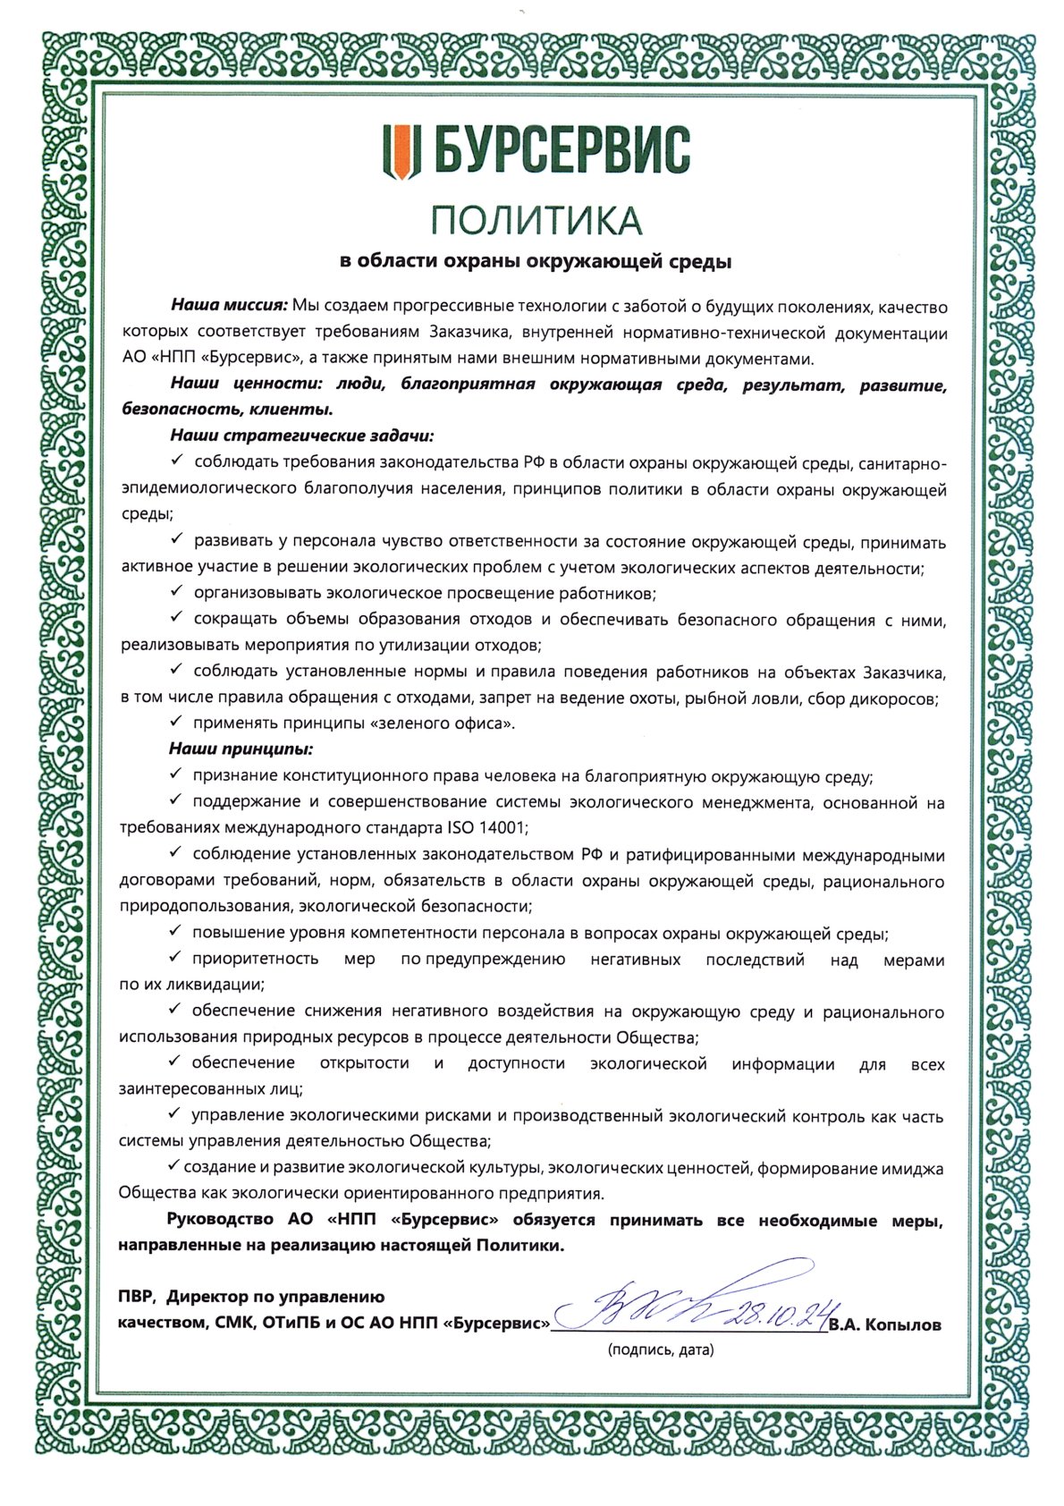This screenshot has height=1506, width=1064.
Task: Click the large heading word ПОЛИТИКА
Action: [x=536, y=219]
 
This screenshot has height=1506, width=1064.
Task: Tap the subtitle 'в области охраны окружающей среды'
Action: [x=536, y=261]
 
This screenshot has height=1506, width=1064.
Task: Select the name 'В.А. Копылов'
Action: [x=885, y=1325]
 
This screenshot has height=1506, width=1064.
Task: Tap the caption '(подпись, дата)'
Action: [x=661, y=1349]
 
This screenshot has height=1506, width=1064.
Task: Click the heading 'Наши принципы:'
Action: [x=241, y=749]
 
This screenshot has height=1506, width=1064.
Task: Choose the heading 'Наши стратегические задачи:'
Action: [x=302, y=436]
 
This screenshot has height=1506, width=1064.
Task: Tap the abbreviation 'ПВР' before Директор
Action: [x=136, y=1297]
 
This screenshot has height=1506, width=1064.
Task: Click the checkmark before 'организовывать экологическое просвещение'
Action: [x=176, y=592]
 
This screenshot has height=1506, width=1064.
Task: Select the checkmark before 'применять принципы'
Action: [x=176, y=722]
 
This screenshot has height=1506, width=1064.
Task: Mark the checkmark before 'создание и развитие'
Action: [x=174, y=1166]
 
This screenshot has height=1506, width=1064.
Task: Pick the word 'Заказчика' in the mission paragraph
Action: [x=468, y=333]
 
